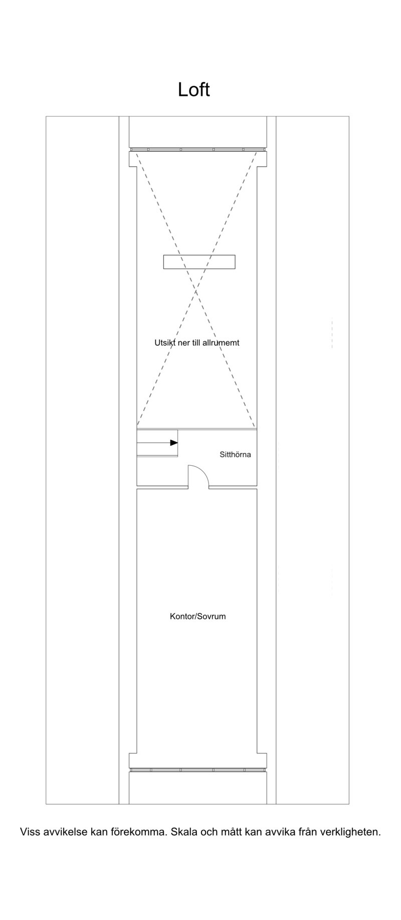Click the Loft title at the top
point(193,89)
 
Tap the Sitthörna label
point(235,455)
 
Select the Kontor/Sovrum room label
point(197,616)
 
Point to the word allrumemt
point(221,343)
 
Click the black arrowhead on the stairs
point(174,443)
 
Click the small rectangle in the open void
point(199,261)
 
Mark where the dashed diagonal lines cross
point(196,291)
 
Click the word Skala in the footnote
point(184,832)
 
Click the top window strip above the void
point(197,149)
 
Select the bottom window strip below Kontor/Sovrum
point(197,769)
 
